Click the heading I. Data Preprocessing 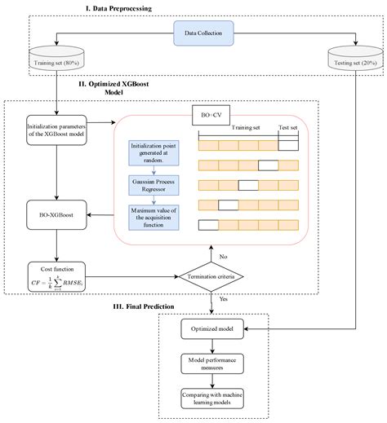click(193, 8)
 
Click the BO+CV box click(208, 114)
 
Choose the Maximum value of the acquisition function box click(153, 219)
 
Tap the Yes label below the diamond click(224, 298)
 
